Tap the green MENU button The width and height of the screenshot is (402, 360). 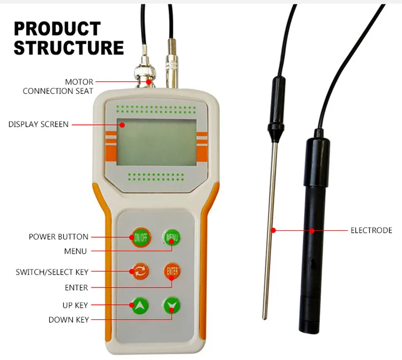[x=172, y=237]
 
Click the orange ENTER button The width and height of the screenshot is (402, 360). [x=172, y=271]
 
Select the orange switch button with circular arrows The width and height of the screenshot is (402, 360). [x=140, y=271]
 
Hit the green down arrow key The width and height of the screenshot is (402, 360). [x=172, y=305]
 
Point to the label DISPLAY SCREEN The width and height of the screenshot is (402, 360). [x=38, y=124]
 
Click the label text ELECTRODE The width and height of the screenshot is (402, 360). [x=371, y=230]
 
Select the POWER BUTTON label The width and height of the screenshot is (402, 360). [x=58, y=237]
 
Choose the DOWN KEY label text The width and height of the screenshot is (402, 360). [x=69, y=320]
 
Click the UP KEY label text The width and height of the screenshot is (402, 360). [x=75, y=305]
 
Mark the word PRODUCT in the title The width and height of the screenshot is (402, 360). [x=57, y=28]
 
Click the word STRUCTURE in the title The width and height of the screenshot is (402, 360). [x=69, y=47]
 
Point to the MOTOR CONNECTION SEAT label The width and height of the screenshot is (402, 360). [x=58, y=86]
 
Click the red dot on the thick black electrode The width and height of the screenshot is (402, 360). [x=311, y=230]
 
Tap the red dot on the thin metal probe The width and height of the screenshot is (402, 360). [x=273, y=230]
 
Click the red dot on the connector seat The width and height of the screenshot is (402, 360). [x=149, y=81]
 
